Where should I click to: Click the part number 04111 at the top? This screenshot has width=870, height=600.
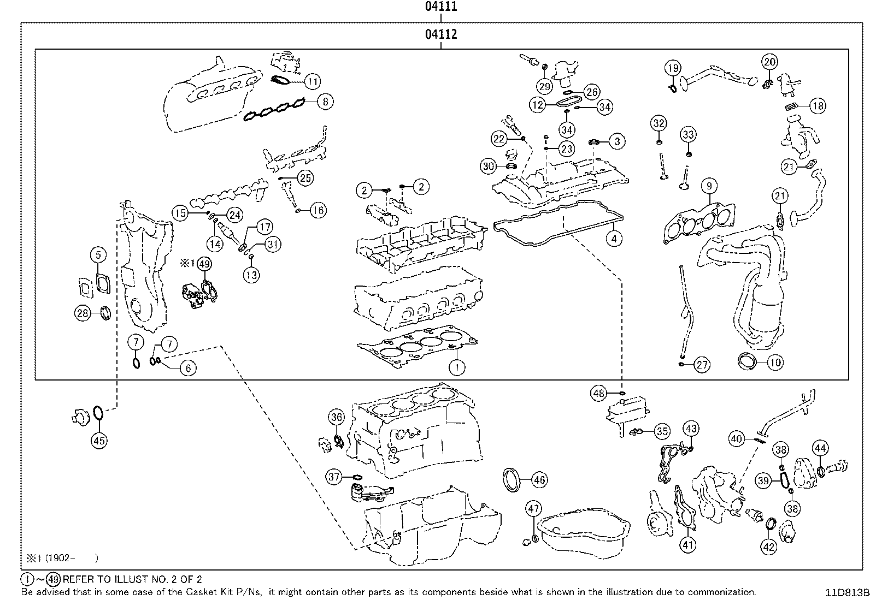pyautogui.click(x=440, y=7)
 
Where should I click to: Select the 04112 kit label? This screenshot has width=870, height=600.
pyautogui.click(x=440, y=35)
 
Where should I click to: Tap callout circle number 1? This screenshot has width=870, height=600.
pyautogui.click(x=457, y=367)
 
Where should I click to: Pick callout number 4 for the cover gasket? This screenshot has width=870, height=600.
pyautogui.click(x=614, y=239)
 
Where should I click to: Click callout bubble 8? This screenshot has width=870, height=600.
pyautogui.click(x=325, y=101)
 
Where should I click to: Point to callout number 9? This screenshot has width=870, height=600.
pyautogui.click(x=709, y=186)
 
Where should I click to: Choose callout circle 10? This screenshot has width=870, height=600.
pyautogui.click(x=775, y=361)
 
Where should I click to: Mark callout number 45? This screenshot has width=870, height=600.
pyautogui.click(x=99, y=440)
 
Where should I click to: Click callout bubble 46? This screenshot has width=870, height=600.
pyautogui.click(x=539, y=480)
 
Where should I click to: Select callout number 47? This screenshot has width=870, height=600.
pyautogui.click(x=533, y=509)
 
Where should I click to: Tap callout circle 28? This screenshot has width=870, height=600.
pyautogui.click(x=83, y=313)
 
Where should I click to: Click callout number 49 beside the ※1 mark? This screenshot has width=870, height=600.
pyautogui.click(x=204, y=264)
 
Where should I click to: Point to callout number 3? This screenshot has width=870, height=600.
pyautogui.click(x=617, y=141)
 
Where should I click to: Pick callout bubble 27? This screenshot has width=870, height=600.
pyautogui.click(x=702, y=365)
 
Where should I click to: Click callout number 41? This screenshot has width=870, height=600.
pyautogui.click(x=687, y=544)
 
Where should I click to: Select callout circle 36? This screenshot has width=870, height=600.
pyautogui.click(x=337, y=418)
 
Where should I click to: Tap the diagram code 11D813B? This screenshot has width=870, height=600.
pyautogui.click(x=847, y=592)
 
